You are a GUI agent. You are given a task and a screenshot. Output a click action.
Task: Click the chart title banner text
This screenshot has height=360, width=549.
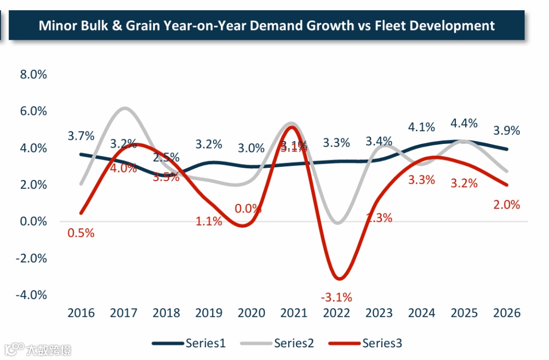[x=266, y=25]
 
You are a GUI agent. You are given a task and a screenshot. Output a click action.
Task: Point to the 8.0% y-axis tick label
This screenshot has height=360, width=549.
[x=33, y=75]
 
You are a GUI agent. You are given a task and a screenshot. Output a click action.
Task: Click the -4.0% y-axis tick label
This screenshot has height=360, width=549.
[x=32, y=295]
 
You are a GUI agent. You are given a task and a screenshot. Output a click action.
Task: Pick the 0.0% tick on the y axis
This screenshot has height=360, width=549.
[x=33, y=222]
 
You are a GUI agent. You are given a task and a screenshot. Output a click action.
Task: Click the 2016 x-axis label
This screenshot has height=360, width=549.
[x=81, y=313]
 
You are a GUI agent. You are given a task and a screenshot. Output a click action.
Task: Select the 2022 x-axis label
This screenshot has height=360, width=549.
[x=337, y=313]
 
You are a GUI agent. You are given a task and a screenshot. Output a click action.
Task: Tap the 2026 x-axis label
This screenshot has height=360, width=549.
[x=507, y=313]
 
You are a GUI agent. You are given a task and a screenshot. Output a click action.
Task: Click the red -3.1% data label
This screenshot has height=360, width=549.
[x=337, y=297]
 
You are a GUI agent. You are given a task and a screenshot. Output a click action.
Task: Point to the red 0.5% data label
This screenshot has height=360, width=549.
[x=81, y=233]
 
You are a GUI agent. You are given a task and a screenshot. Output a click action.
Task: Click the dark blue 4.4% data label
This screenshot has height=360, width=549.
[x=464, y=123]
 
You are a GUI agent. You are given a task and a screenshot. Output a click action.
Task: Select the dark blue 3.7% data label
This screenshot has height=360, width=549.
[x=81, y=136]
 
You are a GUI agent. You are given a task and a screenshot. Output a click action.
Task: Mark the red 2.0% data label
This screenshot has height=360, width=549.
[x=507, y=205]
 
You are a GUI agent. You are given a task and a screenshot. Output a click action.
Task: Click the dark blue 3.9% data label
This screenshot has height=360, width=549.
[x=507, y=131]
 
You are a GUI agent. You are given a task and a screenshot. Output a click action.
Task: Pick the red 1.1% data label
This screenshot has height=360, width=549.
[x=209, y=221]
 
